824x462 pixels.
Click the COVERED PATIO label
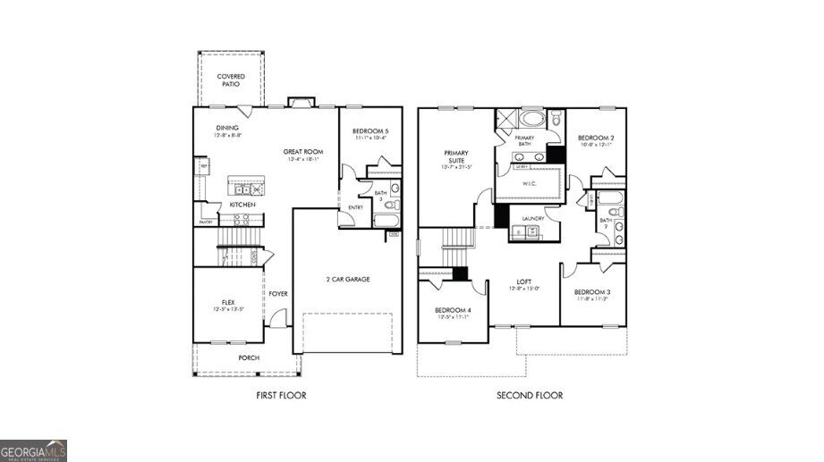[x=231, y=81]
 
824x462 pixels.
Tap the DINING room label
[x=226, y=128]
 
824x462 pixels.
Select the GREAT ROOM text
[x=303, y=152]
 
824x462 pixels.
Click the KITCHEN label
[x=242, y=205]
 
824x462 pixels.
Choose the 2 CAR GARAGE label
[x=347, y=279]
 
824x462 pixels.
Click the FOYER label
[x=277, y=293]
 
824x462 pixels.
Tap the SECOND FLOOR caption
[x=530, y=394]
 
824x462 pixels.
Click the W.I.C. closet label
[x=530, y=187]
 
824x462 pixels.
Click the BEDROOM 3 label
[x=591, y=292]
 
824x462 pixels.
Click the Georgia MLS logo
[x=33, y=450]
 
